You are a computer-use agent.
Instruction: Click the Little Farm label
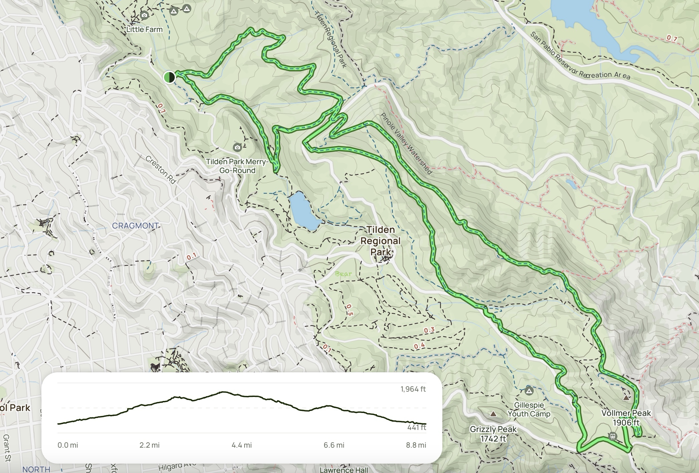(x=144, y=29)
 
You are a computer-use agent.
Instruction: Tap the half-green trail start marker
(x=169, y=77)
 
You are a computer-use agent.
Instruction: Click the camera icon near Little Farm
(x=144, y=15)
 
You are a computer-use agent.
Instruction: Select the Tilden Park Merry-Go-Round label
(x=237, y=166)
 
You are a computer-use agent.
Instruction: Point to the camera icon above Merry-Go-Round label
(x=237, y=147)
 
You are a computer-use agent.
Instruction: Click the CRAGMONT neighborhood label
(x=135, y=226)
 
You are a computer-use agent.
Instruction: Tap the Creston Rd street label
(x=161, y=170)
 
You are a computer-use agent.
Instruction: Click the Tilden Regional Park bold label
(x=381, y=241)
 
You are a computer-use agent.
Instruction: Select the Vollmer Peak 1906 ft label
(x=626, y=418)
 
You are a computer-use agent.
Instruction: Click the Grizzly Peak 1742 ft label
(x=493, y=434)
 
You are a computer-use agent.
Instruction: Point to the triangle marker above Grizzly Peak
(x=493, y=414)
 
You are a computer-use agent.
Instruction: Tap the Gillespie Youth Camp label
(x=529, y=409)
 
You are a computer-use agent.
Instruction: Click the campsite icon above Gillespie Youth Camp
(x=529, y=390)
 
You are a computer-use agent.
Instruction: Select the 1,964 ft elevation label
(x=413, y=389)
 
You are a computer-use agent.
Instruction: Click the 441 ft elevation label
(x=416, y=427)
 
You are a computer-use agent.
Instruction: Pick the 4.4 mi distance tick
(x=242, y=445)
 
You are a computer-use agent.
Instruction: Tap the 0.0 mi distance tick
(x=68, y=445)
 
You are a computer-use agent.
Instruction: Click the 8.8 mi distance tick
(x=416, y=445)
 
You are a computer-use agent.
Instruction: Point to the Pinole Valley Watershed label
(x=406, y=143)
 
